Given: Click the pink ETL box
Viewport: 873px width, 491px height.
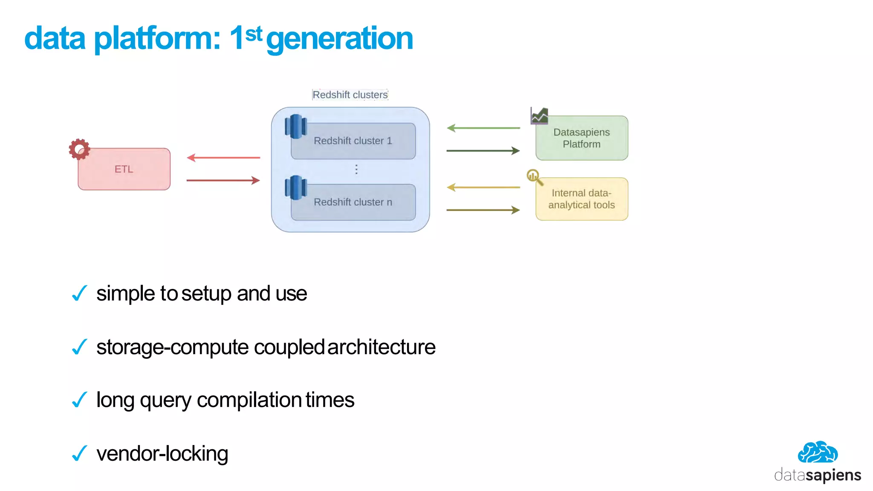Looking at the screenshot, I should point(124,169).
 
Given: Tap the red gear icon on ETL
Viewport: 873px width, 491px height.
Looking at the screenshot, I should point(79,149).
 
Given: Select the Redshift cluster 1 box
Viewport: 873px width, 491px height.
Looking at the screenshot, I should point(353,141).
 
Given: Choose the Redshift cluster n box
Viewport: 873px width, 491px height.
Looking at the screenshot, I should point(353,202).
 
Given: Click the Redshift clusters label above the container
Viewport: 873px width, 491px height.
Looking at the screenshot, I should point(350,95).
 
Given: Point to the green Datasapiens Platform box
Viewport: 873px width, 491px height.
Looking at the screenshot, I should point(581,139).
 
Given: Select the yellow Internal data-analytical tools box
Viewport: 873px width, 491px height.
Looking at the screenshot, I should point(581,199).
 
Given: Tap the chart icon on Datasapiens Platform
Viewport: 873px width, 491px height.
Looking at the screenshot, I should point(539,116).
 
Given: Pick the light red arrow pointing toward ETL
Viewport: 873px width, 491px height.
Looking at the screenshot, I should point(223,158).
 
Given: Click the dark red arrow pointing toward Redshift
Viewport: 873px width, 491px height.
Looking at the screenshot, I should point(223,181).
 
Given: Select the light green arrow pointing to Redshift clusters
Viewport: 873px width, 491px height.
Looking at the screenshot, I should point(483,128).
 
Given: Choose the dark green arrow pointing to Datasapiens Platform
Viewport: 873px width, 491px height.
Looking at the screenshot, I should point(483,151).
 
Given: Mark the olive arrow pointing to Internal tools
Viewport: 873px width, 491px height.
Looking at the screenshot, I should point(483,210).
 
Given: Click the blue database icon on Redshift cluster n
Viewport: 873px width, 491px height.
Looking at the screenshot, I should point(295,188).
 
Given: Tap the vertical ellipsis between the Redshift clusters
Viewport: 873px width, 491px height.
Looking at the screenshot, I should point(356,170).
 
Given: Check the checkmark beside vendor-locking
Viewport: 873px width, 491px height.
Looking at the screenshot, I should point(80,453).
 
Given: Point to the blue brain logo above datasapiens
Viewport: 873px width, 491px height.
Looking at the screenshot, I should point(818,452).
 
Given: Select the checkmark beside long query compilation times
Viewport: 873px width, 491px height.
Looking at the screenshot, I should point(80,400).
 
